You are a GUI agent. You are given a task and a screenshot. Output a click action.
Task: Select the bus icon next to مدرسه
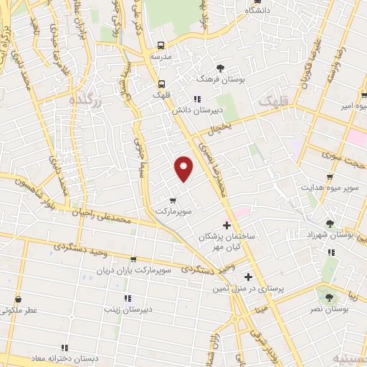click(x=162, y=44)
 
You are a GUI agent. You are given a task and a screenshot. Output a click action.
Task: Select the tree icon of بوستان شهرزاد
click(x=330, y=223)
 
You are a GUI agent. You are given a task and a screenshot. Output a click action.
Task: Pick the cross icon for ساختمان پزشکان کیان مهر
click(x=227, y=226)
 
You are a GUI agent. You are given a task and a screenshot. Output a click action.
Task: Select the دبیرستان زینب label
click(x=127, y=310)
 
